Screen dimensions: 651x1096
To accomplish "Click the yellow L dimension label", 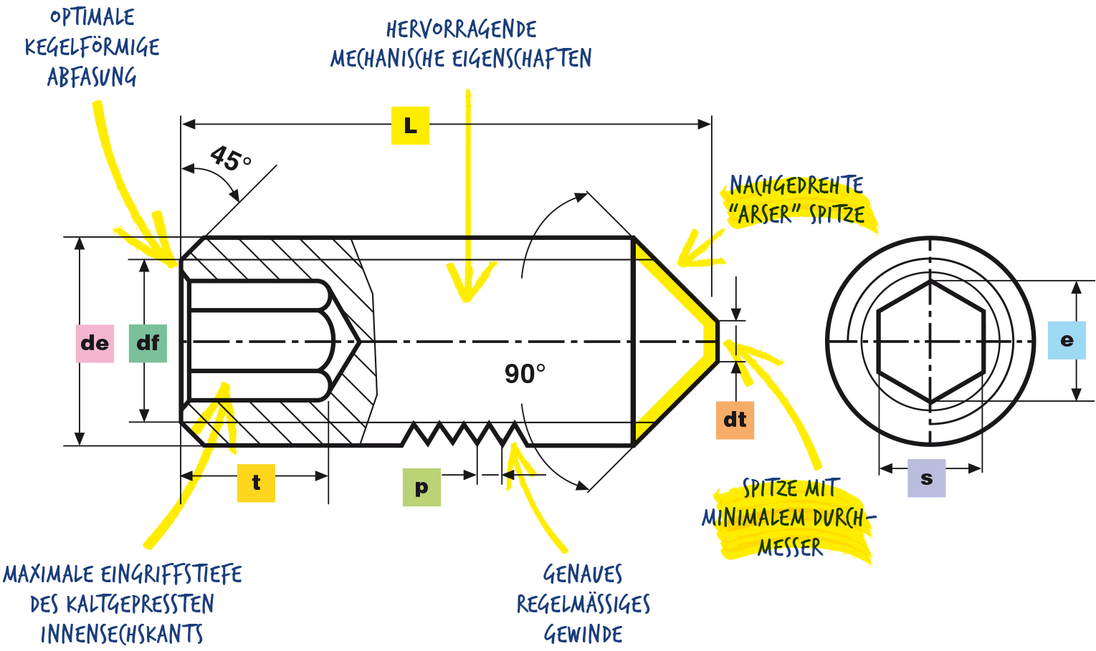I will (410, 125).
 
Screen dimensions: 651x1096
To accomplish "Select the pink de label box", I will (95, 343).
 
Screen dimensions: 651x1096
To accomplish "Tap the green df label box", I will (148, 343).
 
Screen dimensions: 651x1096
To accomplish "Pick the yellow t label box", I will (256, 483).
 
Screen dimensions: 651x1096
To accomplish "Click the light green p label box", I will (421, 488).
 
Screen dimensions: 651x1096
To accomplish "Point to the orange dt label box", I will (735, 420).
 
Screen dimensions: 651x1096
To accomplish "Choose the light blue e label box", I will (1067, 340).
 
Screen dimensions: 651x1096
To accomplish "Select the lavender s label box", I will (926, 478).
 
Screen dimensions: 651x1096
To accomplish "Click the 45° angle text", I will (231, 158).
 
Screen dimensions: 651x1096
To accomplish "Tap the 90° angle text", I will (525, 374).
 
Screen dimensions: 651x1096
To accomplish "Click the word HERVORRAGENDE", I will (462, 29).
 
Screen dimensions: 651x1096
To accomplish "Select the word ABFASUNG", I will (92, 77).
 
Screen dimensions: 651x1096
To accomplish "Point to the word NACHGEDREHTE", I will (796, 185).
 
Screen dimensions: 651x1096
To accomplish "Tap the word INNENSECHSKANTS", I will (122, 634).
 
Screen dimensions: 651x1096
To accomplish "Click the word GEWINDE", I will (583, 634).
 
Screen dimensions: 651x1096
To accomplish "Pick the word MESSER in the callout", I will (790, 548).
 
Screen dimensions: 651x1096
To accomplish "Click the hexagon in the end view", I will (931, 342).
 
